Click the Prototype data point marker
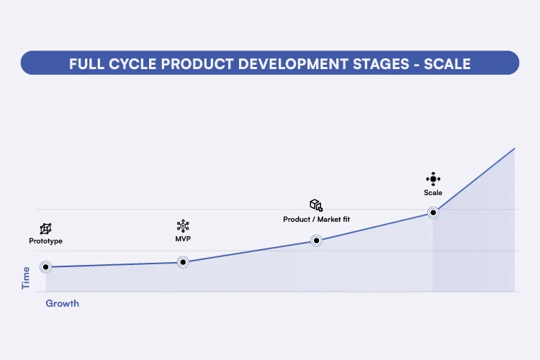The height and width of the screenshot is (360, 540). (x=45, y=267)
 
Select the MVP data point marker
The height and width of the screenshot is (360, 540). (x=183, y=262)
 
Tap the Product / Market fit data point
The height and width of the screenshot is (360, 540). (x=316, y=240)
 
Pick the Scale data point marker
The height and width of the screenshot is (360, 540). (x=433, y=212)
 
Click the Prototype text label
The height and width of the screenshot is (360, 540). (x=45, y=241)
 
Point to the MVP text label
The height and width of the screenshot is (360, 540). (x=183, y=239)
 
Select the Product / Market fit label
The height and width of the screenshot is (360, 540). (x=316, y=219)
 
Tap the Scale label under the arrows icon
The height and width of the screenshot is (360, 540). (x=433, y=192)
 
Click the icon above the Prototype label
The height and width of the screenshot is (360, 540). (x=45, y=228)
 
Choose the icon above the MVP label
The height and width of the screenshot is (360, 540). (x=183, y=225)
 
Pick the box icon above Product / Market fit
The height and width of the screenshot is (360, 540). (x=316, y=205)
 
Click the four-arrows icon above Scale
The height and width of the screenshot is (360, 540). (x=433, y=179)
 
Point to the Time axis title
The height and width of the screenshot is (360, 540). (x=27, y=278)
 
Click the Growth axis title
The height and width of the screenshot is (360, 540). (x=63, y=304)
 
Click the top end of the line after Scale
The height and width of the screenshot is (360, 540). (x=514, y=148)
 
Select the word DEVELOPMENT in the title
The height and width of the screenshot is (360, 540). (x=283, y=64)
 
